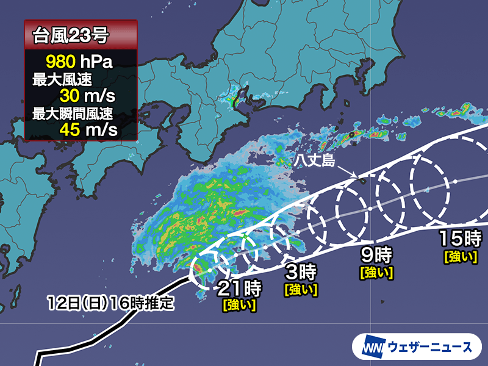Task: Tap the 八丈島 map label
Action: click(x=313, y=161)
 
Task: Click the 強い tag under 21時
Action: click(x=239, y=304)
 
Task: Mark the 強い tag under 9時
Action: click(x=376, y=268)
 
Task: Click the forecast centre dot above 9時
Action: click(x=370, y=209)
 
